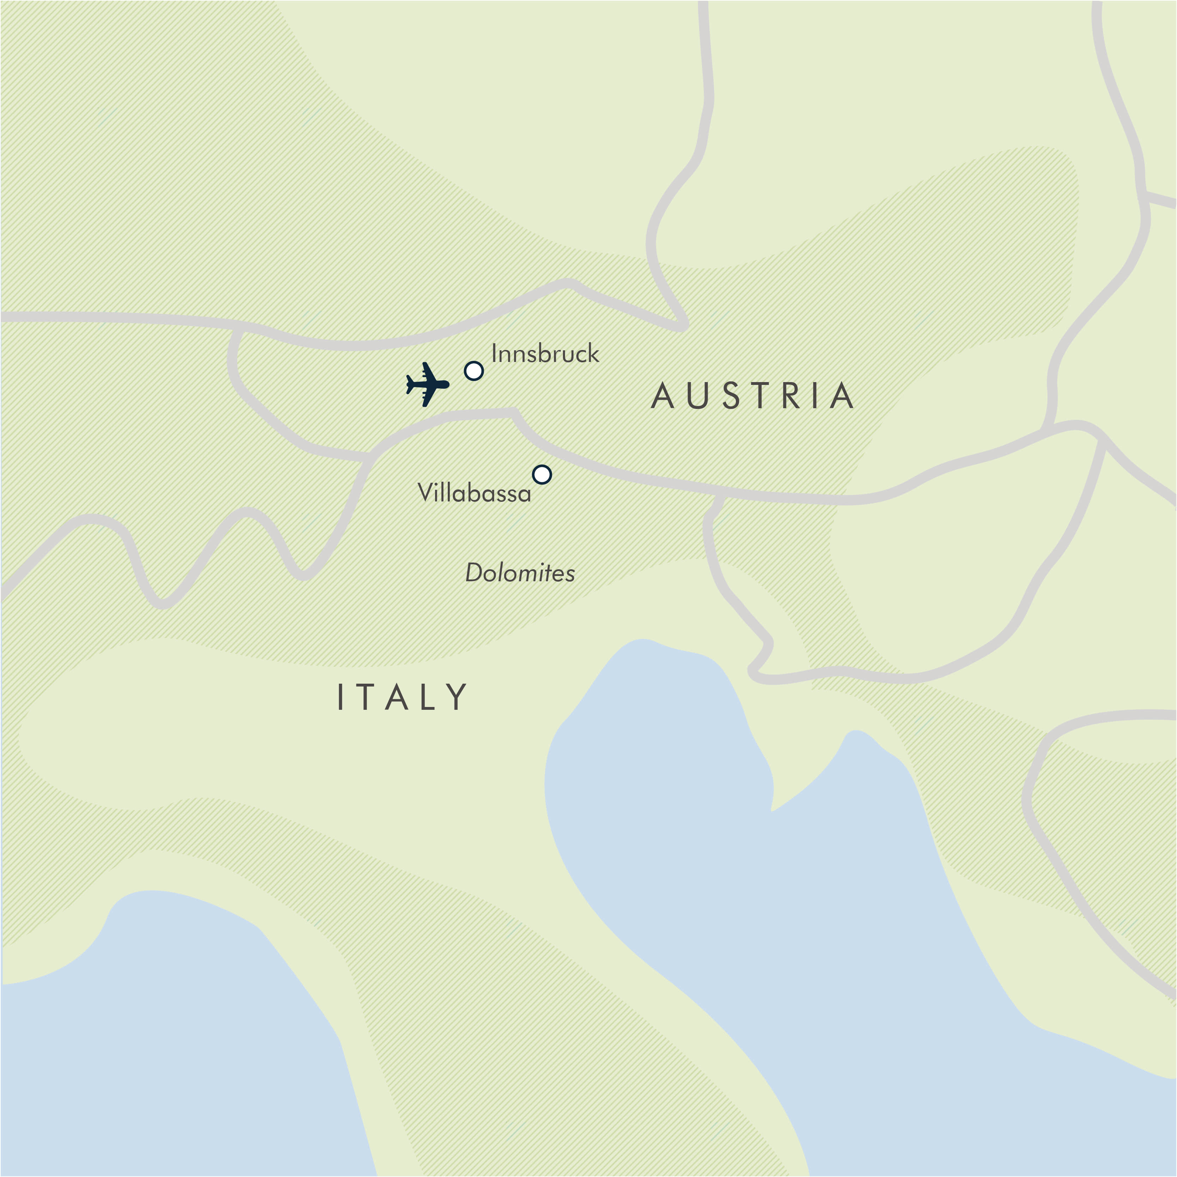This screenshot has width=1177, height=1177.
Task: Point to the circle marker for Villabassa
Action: [x=542, y=474]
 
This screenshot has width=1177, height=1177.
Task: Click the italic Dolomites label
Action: [x=520, y=573]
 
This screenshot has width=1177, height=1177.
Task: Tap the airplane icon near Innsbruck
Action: [x=428, y=385]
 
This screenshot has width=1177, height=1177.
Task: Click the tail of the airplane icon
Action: [x=410, y=385]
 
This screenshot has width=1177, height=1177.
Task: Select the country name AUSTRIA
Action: [x=753, y=396]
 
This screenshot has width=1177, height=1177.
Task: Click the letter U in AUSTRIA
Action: [x=697, y=396]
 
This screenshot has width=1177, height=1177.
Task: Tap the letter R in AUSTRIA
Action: [x=791, y=396]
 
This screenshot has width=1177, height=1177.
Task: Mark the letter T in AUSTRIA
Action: [x=761, y=396]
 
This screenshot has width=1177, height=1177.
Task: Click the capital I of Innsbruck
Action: [x=494, y=353]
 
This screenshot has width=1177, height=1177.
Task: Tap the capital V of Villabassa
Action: [x=424, y=492]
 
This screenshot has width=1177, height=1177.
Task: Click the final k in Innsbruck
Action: [x=593, y=353]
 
